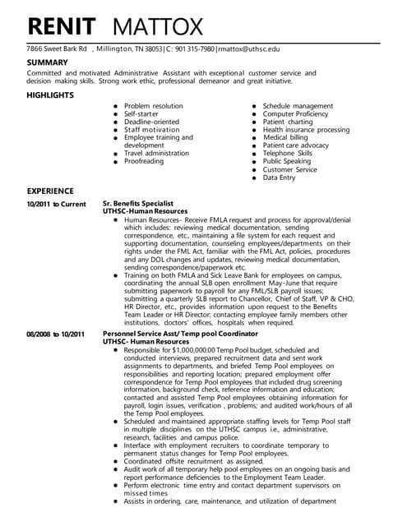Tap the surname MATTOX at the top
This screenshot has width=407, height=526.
(x=156, y=26)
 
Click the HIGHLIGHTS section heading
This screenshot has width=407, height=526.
(x=49, y=95)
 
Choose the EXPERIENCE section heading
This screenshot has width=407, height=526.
(x=50, y=191)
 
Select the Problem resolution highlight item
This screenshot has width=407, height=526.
(x=154, y=106)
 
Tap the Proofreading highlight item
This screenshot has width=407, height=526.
(x=144, y=161)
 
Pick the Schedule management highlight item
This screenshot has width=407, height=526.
(x=298, y=106)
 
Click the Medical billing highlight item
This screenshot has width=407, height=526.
(x=285, y=137)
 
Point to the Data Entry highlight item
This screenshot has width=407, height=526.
(x=279, y=177)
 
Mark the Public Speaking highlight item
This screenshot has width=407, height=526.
(x=287, y=161)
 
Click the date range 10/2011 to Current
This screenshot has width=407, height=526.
(x=56, y=203)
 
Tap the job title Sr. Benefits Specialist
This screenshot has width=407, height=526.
(x=138, y=203)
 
